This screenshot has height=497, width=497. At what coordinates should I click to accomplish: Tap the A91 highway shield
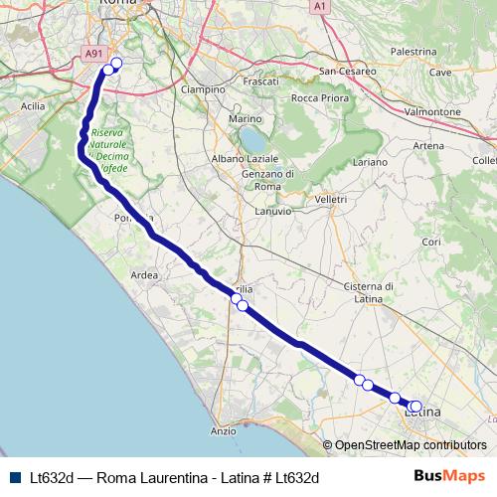(x=92, y=55)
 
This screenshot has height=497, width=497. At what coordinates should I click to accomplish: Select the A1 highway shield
(x=320, y=6)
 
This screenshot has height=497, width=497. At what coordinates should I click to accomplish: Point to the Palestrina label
(x=414, y=51)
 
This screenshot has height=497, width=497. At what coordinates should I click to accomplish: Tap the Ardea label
(x=144, y=275)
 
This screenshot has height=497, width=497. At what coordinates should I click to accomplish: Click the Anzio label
(x=224, y=431)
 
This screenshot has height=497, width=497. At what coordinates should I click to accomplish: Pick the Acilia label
(x=33, y=105)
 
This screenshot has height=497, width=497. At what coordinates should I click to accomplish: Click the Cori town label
(x=431, y=242)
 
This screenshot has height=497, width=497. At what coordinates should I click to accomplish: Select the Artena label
(x=428, y=146)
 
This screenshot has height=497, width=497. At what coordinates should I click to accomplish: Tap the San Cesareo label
(x=347, y=72)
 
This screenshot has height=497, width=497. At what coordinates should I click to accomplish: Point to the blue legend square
(x=15, y=477)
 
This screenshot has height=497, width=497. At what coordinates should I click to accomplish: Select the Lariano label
(x=369, y=161)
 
